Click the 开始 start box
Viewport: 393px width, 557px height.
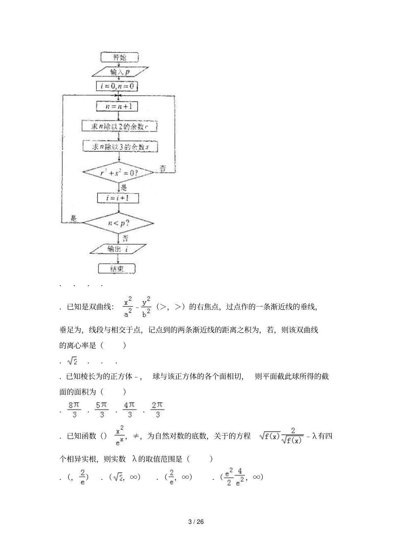pyautogui.click(x=119, y=57)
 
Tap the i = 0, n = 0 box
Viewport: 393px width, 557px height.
pyautogui.click(x=117, y=86)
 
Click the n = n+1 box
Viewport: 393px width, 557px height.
pyautogui.click(x=117, y=106)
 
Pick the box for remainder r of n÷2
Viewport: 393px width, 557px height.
pyautogui.click(x=119, y=126)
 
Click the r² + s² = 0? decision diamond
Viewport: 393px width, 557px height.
pyautogui.click(x=119, y=173)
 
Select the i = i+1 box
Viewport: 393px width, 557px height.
pyautogui.click(x=118, y=198)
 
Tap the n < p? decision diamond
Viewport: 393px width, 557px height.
pyautogui.click(x=118, y=223)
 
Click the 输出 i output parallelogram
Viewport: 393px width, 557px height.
pyautogui.click(x=118, y=248)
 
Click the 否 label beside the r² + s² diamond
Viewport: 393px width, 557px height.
pyautogui.click(x=163, y=168)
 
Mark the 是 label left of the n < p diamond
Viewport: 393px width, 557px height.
pyautogui.click(x=74, y=219)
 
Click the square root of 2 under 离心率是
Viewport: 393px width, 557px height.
pyautogui.click(x=72, y=361)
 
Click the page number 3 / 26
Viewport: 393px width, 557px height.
pyautogui.click(x=196, y=522)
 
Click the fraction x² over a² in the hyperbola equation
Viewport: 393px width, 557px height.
pyautogui.click(x=128, y=307)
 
